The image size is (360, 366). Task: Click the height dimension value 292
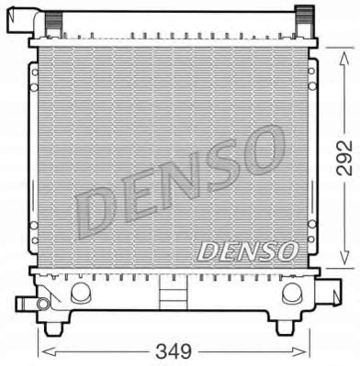coord(343,158)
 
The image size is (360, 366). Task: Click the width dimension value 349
coord(174,351)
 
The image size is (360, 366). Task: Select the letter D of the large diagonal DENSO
coord(97,218)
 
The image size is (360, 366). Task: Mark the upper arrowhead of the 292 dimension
coord(343,56)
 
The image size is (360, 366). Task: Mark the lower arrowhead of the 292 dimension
coord(343,260)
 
